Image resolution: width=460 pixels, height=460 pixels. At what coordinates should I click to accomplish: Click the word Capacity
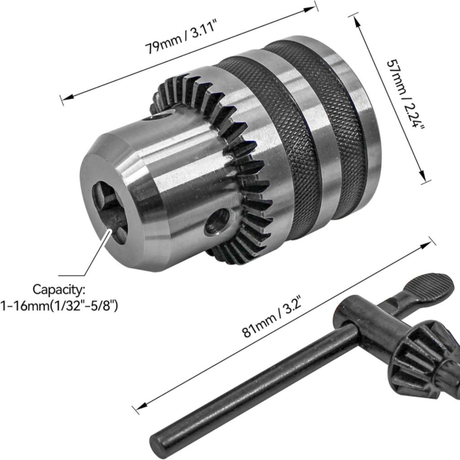click(59, 289)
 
